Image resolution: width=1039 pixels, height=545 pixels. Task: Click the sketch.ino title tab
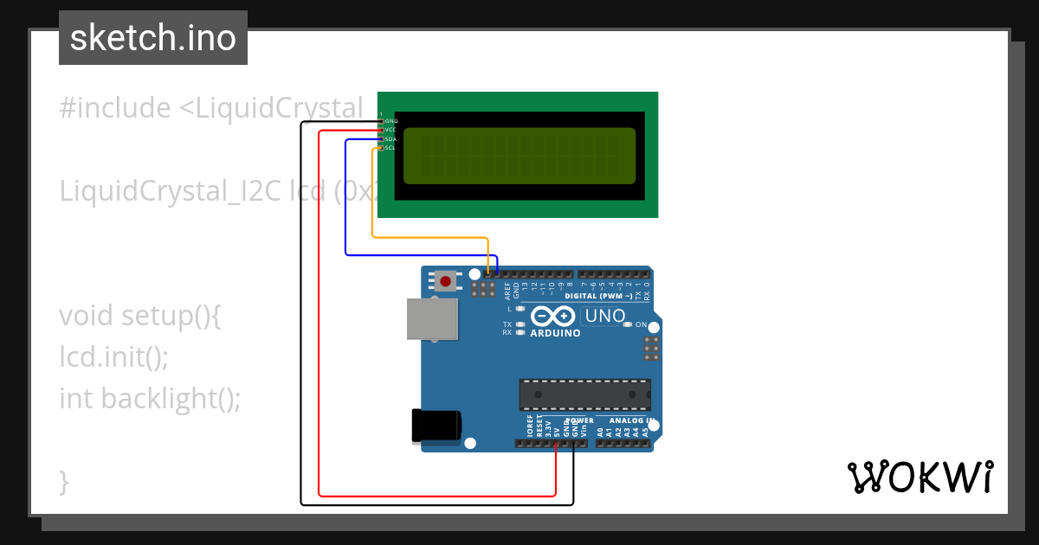(x=153, y=38)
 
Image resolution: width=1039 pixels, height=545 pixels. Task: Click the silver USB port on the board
(x=432, y=318)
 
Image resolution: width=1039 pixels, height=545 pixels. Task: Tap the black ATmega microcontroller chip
(x=584, y=394)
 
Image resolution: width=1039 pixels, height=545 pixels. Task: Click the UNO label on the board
(x=605, y=316)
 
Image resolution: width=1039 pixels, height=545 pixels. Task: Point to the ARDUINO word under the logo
(x=555, y=333)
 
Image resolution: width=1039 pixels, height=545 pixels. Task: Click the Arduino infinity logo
(x=555, y=316)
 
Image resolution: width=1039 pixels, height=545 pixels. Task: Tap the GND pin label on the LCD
(x=390, y=121)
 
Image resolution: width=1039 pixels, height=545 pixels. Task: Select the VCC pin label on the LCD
(x=390, y=130)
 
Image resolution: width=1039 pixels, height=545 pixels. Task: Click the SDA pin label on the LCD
(x=390, y=138)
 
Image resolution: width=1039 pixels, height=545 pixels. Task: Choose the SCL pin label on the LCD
(x=390, y=148)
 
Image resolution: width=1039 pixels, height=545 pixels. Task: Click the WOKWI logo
(x=920, y=477)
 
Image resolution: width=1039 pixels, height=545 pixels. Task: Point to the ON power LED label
(x=642, y=324)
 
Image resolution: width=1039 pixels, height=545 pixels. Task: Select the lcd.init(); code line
(x=114, y=356)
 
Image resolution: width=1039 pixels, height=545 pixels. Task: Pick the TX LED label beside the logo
(x=507, y=324)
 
